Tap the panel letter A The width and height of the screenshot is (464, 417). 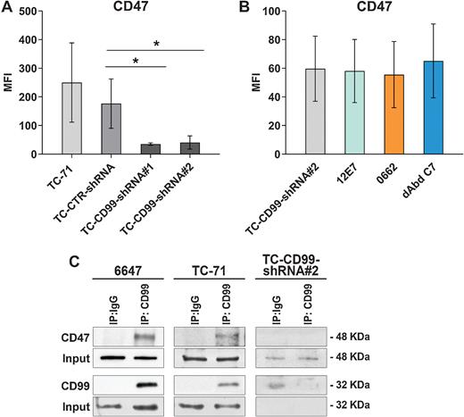tap(7, 8)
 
